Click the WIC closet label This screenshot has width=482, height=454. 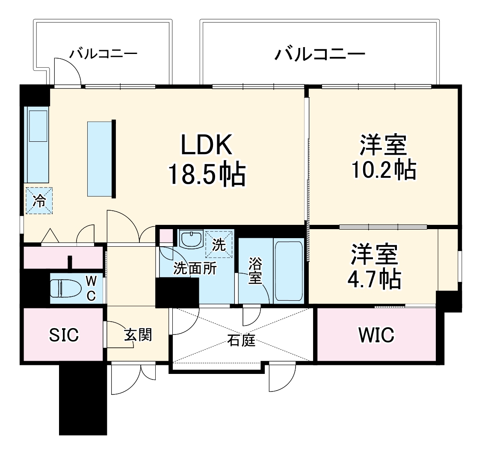click(376, 335)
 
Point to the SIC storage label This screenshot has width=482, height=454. click(64, 335)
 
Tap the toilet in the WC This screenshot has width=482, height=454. click(65, 288)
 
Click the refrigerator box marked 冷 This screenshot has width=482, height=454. click(39, 200)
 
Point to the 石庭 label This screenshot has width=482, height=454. click(241, 341)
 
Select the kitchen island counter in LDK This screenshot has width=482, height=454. click(100, 158)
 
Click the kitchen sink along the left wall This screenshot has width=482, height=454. click(37, 125)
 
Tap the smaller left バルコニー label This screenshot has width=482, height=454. click(104, 54)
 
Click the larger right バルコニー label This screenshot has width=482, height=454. click(320, 54)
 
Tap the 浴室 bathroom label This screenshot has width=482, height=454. click(255, 270)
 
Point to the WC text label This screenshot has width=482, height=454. click(92, 288)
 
